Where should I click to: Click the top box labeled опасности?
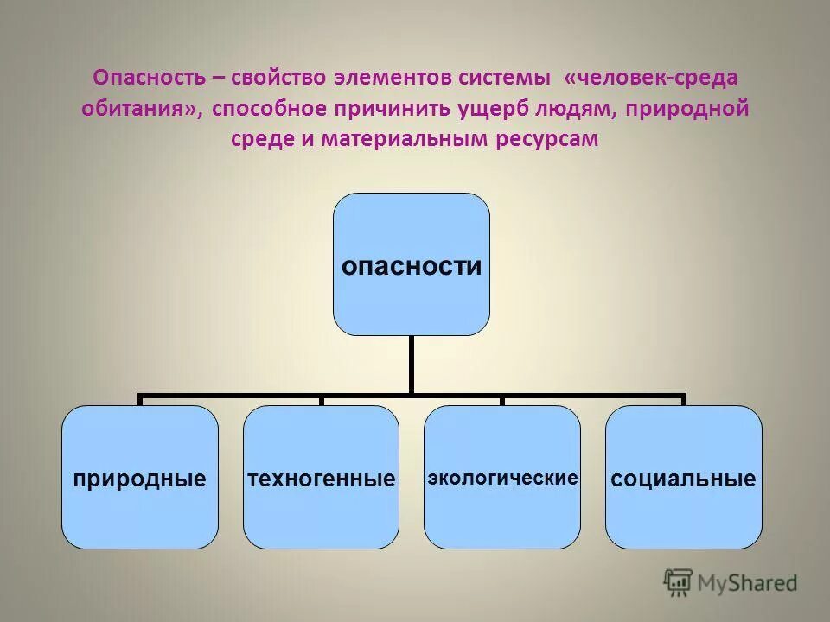coord(412,264)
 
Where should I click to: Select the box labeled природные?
coord(140,477)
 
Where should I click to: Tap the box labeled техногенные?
coord(321,477)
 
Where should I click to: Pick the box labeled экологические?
coord(502,477)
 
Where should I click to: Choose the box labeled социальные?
coord(683,477)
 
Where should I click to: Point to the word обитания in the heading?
coord(138,109)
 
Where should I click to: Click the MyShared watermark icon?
coord(678,583)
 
